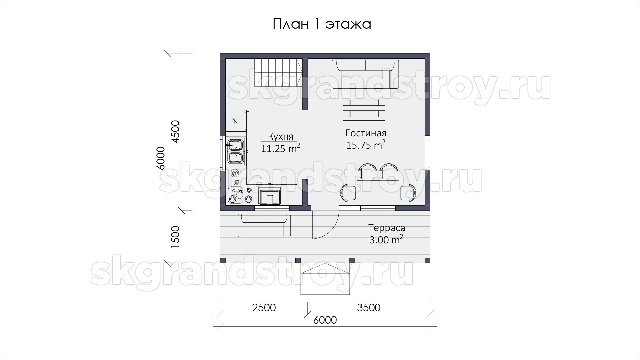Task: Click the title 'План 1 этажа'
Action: tap(322, 24)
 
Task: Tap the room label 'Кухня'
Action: tap(281, 136)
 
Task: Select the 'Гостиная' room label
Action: tap(366, 133)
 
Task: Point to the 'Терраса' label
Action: tap(387, 228)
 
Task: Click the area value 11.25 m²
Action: tap(280, 148)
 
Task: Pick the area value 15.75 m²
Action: tap(366, 145)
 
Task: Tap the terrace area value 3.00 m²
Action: tap(386, 239)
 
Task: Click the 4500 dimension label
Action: tap(175, 132)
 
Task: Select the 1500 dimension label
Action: tap(175, 237)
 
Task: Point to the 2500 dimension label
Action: tap(264, 307)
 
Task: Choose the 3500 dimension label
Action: tap(369, 307)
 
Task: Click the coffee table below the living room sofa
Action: tap(364, 108)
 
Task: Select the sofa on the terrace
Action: tap(264, 225)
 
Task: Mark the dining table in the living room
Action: tap(378, 192)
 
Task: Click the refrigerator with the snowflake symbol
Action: tap(236, 120)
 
